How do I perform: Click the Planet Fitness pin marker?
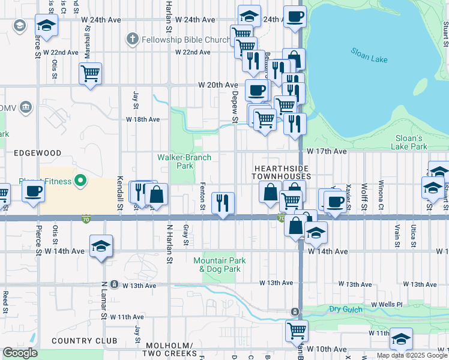coord(81,181)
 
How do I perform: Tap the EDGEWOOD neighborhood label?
coord(38,153)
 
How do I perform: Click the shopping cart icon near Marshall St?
coord(90,74)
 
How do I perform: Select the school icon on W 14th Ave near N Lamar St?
coord(101,246)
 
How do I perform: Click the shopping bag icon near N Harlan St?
coord(157,194)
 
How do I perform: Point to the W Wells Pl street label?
coord(388,305)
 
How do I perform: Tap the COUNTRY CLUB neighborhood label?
coord(84,341)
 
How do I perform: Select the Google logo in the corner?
coord(19,353)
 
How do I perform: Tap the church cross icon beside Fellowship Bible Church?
coord(132,40)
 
